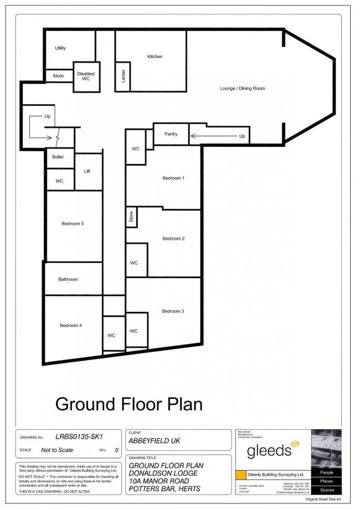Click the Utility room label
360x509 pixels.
(x=60, y=48)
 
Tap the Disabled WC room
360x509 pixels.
(x=85, y=76)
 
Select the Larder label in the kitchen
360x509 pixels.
(x=122, y=76)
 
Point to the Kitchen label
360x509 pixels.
(x=155, y=56)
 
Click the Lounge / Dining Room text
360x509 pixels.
(x=242, y=89)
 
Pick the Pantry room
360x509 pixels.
(x=171, y=134)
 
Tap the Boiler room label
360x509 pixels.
(x=58, y=157)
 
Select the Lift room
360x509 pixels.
(x=87, y=171)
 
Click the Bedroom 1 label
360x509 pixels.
(x=173, y=178)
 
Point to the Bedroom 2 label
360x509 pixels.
(x=173, y=238)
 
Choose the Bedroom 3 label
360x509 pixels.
(x=173, y=311)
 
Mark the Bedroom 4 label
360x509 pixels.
(x=71, y=325)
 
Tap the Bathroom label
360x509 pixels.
(x=68, y=279)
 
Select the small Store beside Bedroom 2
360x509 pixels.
(x=131, y=217)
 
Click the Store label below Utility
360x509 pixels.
(x=58, y=76)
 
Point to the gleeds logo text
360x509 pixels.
(x=269, y=450)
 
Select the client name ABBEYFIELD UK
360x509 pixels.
(x=155, y=441)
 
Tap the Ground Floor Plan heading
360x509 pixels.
(x=128, y=403)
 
